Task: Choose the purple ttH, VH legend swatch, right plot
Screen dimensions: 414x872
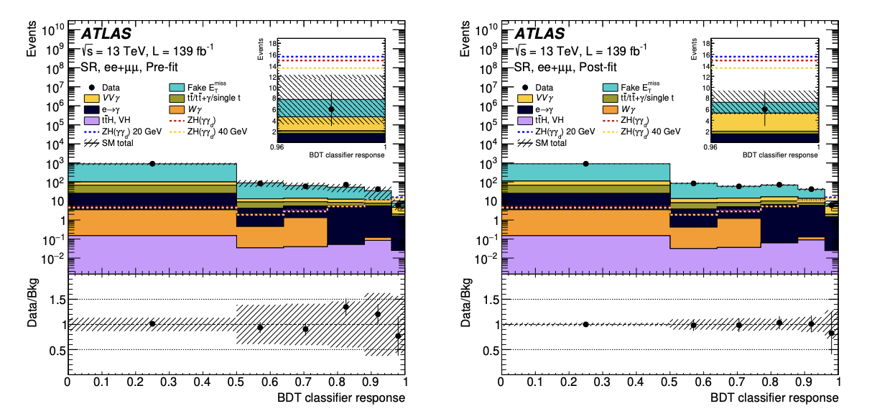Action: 524,121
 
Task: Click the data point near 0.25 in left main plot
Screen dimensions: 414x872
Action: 152,164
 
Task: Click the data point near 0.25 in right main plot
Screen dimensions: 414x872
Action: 586,164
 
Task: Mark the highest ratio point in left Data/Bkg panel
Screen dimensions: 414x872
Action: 345,307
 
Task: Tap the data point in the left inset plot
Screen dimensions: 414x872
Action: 331,109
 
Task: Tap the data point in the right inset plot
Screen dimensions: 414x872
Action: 765,109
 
